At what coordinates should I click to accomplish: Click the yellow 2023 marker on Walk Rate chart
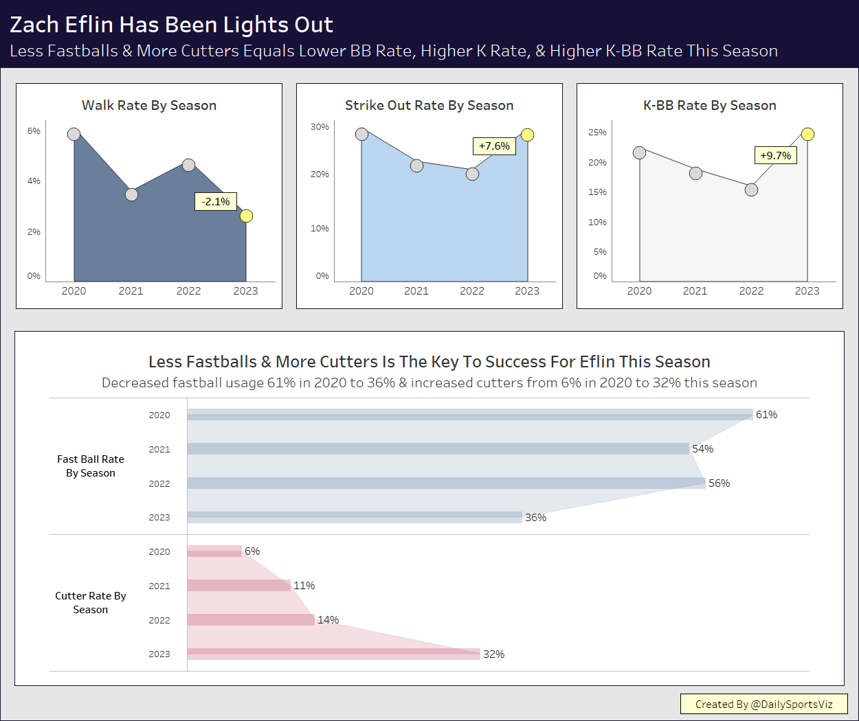tap(246, 216)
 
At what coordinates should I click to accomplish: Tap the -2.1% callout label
tap(216, 202)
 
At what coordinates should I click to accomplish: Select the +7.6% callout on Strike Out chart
tap(494, 146)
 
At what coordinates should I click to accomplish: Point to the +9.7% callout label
tap(776, 156)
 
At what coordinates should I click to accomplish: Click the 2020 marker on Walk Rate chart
tap(74, 134)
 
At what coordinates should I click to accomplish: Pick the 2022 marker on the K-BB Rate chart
tap(751, 190)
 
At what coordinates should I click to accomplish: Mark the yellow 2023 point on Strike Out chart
tap(527, 135)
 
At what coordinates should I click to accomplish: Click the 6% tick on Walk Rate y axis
tap(34, 131)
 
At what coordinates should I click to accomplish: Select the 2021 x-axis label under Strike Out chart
tap(416, 291)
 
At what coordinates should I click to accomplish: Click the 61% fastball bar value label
tap(766, 415)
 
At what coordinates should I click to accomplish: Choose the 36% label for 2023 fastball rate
tap(535, 518)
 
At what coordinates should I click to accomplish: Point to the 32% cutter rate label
tap(493, 654)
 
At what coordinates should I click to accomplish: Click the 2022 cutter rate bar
tap(251, 620)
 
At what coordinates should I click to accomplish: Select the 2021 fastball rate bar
tap(438, 449)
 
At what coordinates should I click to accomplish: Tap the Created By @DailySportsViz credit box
tap(763, 705)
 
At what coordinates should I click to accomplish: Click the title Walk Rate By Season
tap(149, 106)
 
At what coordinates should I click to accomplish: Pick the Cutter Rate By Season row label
tap(91, 603)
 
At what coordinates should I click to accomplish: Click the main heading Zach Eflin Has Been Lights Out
tap(171, 25)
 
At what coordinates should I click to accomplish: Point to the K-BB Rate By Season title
tap(709, 106)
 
